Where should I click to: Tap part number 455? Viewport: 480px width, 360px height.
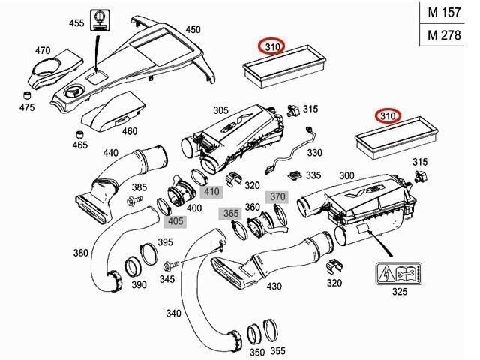tap(76, 23)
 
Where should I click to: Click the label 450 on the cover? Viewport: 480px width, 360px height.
tap(193, 29)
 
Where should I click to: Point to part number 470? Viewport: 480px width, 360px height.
tap(42, 50)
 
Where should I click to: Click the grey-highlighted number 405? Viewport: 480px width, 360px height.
tap(175, 220)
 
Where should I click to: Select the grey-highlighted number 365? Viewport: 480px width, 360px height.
tap(230, 214)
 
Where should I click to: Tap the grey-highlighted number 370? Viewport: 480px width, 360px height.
tap(278, 196)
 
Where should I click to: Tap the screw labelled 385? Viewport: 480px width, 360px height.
tap(136, 200)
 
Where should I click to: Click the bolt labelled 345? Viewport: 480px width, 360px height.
tap(169, 265)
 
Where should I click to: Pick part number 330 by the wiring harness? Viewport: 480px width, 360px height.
tap(315, 152)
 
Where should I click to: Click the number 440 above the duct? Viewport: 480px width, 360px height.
tap(111, 153)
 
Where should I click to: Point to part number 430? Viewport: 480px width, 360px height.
tap(274, 286)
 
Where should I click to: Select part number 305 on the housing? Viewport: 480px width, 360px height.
tap(220, 110)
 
